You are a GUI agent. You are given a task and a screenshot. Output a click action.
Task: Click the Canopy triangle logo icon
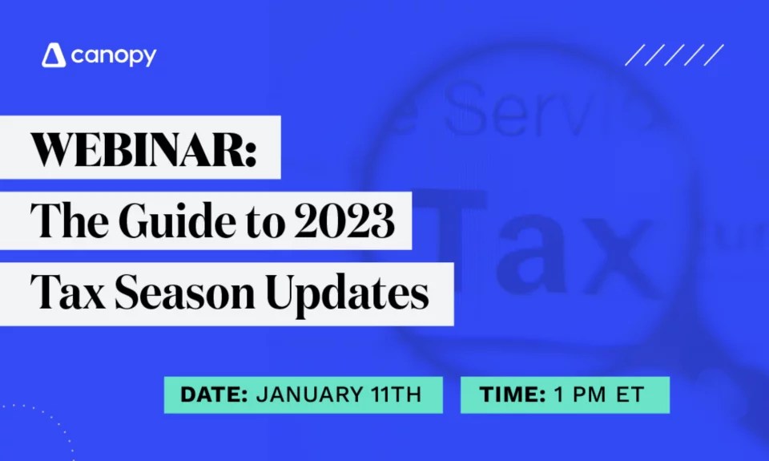[x=54, y=55]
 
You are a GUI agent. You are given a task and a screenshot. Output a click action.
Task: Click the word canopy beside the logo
[x=113, y=56]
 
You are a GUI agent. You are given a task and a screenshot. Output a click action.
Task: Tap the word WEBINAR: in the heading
[x=143, y=149]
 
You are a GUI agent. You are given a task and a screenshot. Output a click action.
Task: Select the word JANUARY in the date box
[x=305, y=394]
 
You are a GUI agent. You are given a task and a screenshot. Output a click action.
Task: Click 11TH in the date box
[x=393, y=394]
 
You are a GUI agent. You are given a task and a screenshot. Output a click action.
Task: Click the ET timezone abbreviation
[x=632, y=394]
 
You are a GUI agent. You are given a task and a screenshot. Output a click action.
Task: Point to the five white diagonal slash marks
[x=674, y=55]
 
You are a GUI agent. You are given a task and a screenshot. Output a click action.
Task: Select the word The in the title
[x=65, y=221]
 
